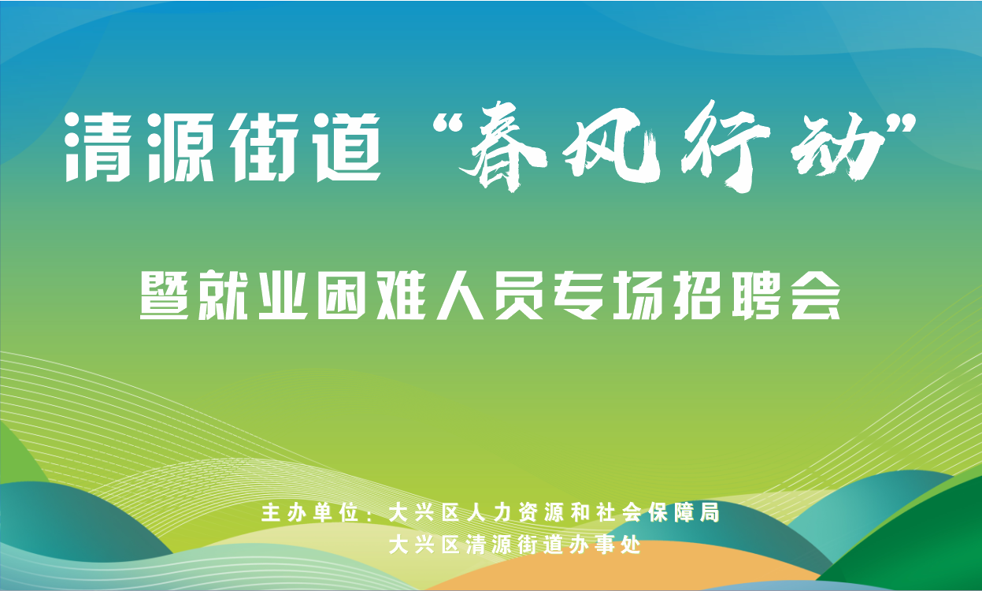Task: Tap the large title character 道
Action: coord(349,147)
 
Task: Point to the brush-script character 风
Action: coord(612,145)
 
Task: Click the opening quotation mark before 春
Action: coord(448,125)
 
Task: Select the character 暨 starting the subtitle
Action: coord(165,295)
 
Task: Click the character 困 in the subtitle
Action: coord(342,295)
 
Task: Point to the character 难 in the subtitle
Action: coord(401,295)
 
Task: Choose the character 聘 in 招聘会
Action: coord(756,295)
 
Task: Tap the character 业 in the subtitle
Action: coord(283,295)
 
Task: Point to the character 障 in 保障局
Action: coord(684,512)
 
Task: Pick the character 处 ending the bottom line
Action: coord(632,545)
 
